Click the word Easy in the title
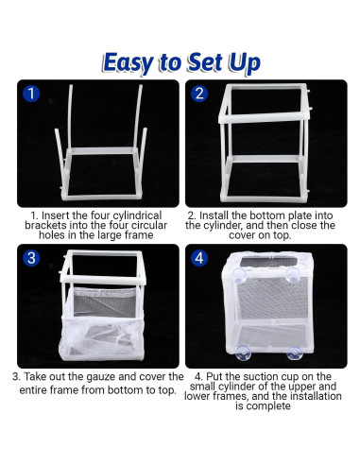pyautogui.click(x=129, y=63)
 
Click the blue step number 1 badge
pyautogui.click(x=31, y=94)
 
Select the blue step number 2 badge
pyautogui.click(x=199, y=94)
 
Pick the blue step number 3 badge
pyautogui.click(x=31, y=258)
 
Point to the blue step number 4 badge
pyautogui.click(x=199, y=258)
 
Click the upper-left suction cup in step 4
pyautogui.click(x=240, y=276)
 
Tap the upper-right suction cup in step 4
pyautogui.click(x=292, y=275)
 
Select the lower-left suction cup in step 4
pyautogui.click(x=244, y=353)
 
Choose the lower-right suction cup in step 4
pyautogui.click(x=295, y=353)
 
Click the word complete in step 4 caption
pyautogui.click(x=267, y=406)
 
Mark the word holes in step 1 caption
pyautogui.click(x=52, y=235)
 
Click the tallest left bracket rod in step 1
pyautogui.click(x=70, y=116)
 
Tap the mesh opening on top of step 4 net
pyautogui.click(x=268, y=262)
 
